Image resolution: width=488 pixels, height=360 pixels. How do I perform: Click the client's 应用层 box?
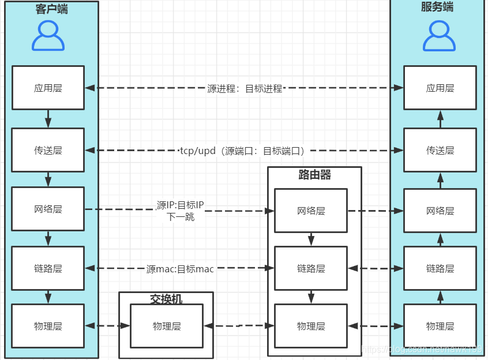tap(48, 88)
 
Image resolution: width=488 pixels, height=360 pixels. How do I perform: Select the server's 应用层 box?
tap(440, 88)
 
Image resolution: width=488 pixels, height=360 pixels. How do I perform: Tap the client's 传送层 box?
tap(48, 150)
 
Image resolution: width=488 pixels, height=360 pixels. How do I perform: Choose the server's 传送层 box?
tap(440, 150)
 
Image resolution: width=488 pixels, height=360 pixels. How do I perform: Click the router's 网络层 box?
tap(311, 211)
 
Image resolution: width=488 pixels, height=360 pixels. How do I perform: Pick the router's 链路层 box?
tap(311, 268)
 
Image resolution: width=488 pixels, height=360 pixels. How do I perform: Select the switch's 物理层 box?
tap(167, 326)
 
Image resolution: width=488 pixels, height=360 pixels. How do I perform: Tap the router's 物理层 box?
tap(311, 326)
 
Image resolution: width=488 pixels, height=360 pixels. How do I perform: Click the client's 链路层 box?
tap(48, 268)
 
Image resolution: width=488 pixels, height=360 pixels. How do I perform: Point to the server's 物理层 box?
tap(440, 326)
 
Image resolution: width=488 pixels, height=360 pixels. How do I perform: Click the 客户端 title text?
tap(51, 9)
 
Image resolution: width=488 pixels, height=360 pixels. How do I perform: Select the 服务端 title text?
tap(437, 7)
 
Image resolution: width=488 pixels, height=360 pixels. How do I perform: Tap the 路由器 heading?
tap(315, 175)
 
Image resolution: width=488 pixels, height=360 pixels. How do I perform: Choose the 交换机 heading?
tap(166, 299)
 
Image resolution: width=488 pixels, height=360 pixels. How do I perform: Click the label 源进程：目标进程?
tap(245, 88)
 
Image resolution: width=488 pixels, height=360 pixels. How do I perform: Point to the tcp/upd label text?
tap(242, 151)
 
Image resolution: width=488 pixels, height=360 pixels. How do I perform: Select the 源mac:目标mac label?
tap(180, 269)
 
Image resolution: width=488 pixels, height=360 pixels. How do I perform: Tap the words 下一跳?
tap(181, 217)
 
